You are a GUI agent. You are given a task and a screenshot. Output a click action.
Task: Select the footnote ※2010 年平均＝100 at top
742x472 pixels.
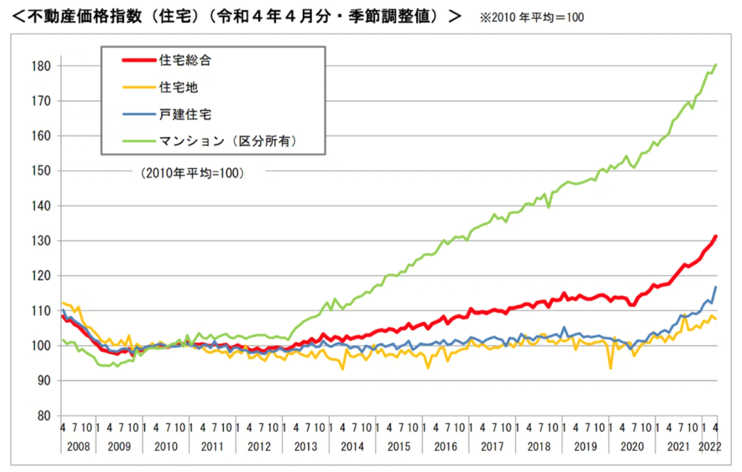[x=531, y=17]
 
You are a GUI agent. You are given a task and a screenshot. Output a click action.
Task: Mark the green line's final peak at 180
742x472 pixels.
[x=716, y=65]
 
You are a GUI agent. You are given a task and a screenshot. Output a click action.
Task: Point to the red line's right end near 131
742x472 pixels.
[x=716, y=236]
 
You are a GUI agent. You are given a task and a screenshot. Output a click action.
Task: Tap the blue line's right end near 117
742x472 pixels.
[x=716, y=287]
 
